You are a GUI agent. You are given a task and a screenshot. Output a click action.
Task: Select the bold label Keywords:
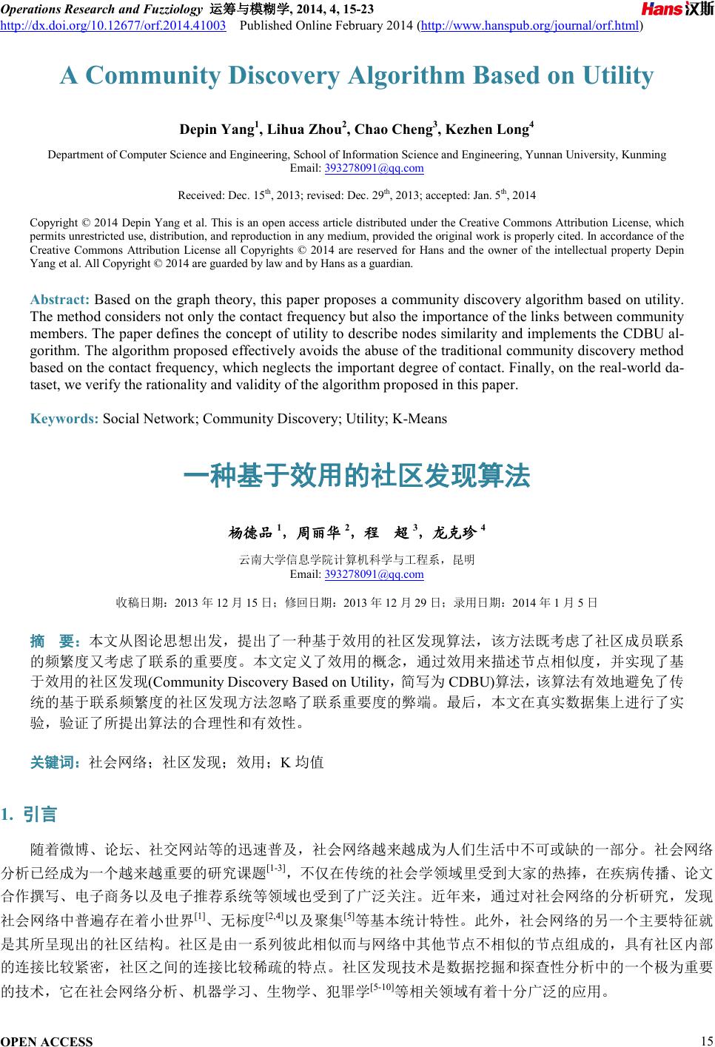pos(64,419)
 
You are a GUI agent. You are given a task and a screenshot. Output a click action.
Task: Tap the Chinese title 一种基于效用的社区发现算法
pos(357,476)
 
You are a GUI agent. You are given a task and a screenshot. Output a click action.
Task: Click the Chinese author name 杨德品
pos(250,531)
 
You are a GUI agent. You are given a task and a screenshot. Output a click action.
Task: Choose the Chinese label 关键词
pos(56,761)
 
